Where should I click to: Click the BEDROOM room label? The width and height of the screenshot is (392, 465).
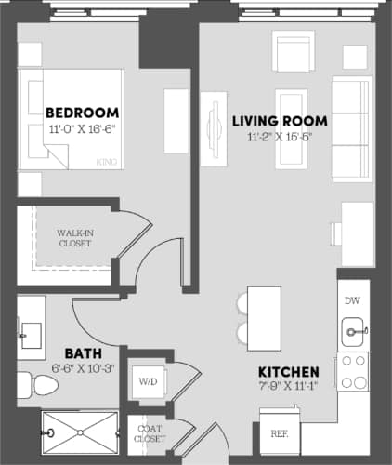click(81, 113)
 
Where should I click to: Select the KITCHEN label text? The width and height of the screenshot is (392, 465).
click(289, 371)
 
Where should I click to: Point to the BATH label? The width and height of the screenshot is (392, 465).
click(84, 353)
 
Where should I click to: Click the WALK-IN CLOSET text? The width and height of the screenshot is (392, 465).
click(74, 238)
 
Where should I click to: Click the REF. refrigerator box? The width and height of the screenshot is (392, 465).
click(279, 433)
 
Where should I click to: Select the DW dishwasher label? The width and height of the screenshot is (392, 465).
click(352, 300)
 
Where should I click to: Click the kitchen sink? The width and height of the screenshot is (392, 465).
click(353, 328)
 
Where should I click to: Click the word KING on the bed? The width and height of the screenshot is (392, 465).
click(107, 162)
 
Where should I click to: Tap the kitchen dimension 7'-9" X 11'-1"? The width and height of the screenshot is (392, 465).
click(289, 387)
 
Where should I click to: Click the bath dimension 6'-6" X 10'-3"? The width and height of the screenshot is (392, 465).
click(84, 368)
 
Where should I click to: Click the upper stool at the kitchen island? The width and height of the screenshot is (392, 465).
click(242, 303)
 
